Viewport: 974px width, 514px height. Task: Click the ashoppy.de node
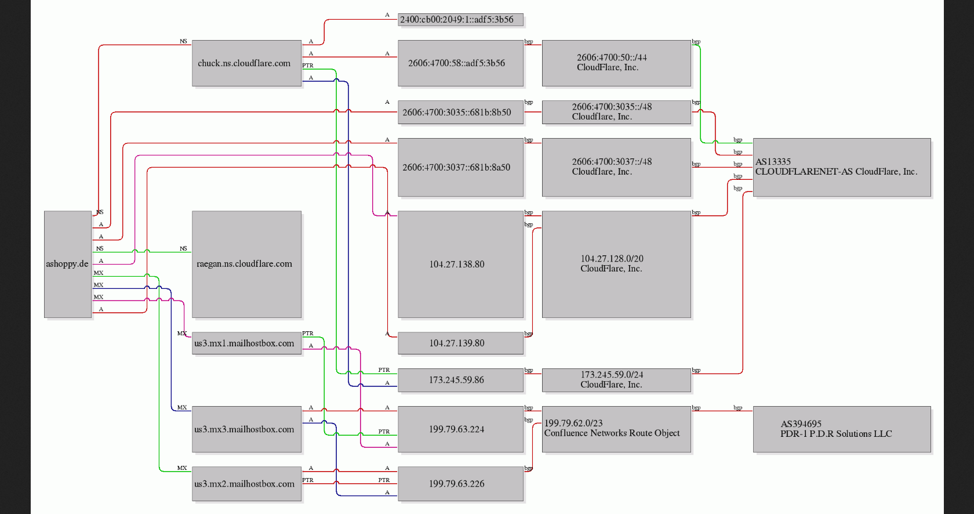[68, 264]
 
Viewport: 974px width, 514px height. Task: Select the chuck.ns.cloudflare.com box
[246, 63]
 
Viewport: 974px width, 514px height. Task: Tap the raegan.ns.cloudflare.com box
[246, 264]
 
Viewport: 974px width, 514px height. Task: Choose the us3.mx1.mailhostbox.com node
[246, 343]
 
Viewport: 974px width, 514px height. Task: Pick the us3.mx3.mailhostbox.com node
[246, 429]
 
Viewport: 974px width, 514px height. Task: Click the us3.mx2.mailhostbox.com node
[246, 483]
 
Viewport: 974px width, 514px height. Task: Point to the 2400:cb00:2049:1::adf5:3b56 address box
[460, 20]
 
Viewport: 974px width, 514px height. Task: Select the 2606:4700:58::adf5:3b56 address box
[460, 63]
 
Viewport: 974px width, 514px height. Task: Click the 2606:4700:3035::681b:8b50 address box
[460, 113]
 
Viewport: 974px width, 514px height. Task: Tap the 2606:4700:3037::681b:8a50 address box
[460, 168]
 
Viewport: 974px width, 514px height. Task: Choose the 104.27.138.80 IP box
[460, 264]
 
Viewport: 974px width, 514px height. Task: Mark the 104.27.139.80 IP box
[460, 343]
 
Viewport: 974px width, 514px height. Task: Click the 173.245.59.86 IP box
[460, 380]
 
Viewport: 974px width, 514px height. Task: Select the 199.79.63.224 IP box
[460, 429]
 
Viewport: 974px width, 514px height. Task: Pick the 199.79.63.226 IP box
[460, 483]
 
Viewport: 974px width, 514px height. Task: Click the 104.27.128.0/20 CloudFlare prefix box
[616, 264]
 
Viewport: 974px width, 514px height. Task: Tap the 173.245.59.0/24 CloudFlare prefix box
[616, 380]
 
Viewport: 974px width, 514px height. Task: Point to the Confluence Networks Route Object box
[616, 429]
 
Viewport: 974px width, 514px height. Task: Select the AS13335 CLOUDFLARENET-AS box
[842, 168]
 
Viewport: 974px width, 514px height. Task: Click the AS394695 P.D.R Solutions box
[842, 429]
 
